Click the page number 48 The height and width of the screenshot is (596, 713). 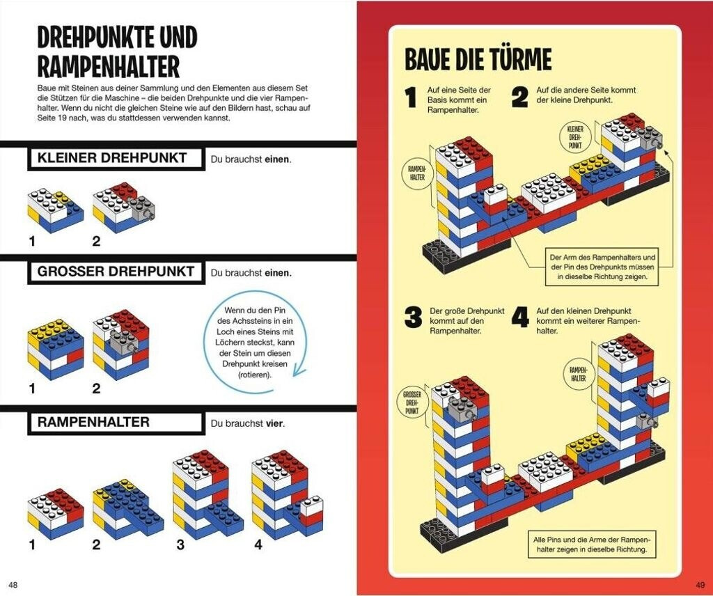click(13, 583)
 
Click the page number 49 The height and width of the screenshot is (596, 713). click(700, 583)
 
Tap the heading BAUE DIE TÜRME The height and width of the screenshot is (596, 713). click(478, 61)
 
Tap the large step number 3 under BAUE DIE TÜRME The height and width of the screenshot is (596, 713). click(413, 318)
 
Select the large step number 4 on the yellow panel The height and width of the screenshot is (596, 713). click(520, 318)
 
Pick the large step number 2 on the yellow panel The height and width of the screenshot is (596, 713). click(520, 97)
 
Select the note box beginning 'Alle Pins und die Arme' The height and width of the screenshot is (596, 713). click(591, 544)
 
